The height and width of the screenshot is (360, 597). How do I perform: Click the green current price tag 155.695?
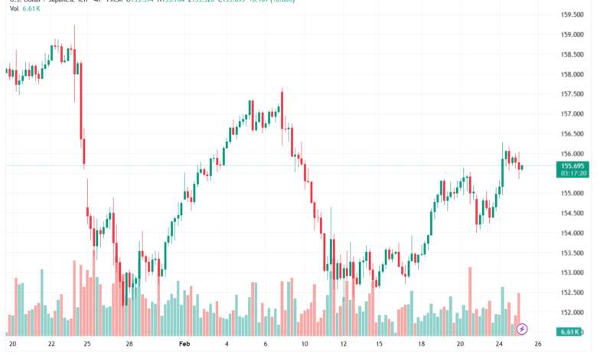click(x=573, y=165)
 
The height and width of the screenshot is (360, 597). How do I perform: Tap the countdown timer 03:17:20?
click(x=573, y=174)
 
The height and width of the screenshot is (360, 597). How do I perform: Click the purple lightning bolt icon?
click(x=522, y=329)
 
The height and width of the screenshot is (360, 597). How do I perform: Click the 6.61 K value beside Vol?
click(x=30, y=10)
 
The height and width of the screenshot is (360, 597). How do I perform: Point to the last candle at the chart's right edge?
click(x=521, y=167)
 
